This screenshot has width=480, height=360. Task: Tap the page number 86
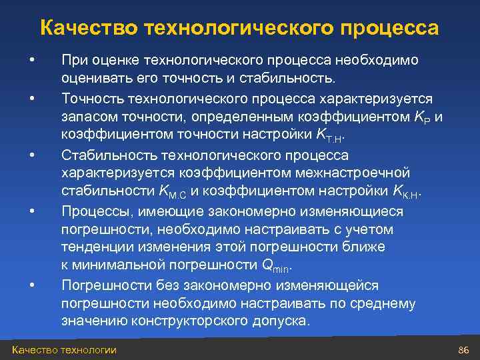click(x=465, y=350)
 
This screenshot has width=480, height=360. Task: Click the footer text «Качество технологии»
click(x=64, y=350)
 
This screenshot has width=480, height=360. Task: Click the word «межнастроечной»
click(x=358, y=174)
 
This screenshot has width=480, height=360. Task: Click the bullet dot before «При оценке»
click(x=31, y=61)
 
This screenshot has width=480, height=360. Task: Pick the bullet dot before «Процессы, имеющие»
click(x=31, y=211)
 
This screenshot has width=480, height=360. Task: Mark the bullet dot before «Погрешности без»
click(x=31, y=286)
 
